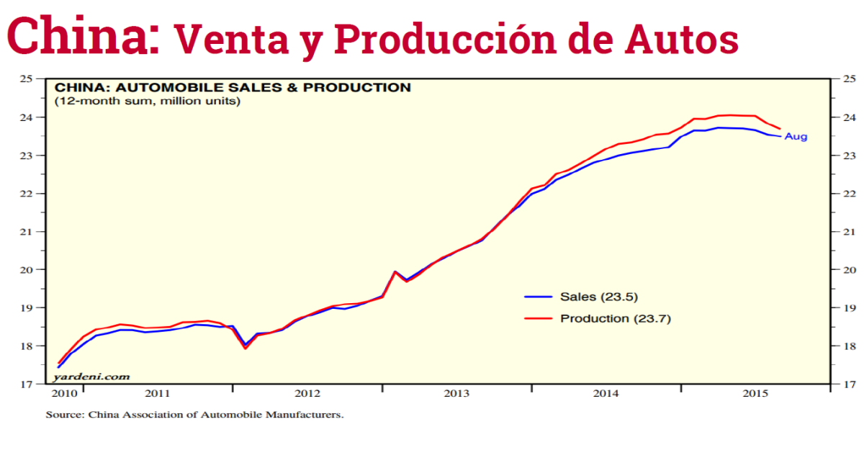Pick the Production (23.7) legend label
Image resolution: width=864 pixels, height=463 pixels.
click(615, 318)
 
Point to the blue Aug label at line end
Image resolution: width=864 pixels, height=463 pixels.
click(796, 137)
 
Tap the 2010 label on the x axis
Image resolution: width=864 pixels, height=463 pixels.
click(64, 394)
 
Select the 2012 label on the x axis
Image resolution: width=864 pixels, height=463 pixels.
click(307, 394)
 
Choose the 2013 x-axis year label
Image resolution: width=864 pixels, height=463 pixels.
click(456, 394)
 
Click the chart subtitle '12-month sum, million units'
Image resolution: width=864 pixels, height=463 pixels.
click(148, 101)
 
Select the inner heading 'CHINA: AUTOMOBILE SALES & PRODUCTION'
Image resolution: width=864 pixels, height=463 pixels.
click(233, 88)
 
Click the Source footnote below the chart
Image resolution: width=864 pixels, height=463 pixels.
click(194, 415)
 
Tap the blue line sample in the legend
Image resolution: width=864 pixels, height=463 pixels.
click(537, 297)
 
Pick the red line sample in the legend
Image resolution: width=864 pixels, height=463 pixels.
click(537, 318)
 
